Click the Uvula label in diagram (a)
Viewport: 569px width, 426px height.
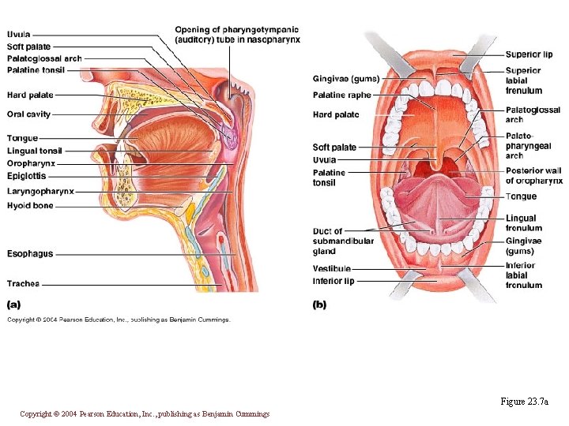coord(19,35)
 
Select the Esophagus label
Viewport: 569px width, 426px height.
coord(30,254)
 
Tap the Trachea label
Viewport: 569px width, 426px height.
coord(23,283)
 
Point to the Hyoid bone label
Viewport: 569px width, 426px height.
coord(30,205)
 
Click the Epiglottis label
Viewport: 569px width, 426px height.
coord(27,176)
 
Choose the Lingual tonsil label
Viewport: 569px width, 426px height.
coord(34,151)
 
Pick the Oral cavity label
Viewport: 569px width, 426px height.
coord(28,114)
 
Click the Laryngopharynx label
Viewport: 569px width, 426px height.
coord(40,191)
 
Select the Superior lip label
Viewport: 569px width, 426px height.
coord(529,54)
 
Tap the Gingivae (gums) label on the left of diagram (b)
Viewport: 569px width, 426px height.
coord(345,79)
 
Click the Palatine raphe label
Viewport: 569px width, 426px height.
coord(341,95)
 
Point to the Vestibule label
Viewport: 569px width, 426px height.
coord(332,269)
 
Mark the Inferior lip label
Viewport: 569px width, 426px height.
coord(333,281)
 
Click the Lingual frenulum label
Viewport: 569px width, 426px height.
coord(524,223)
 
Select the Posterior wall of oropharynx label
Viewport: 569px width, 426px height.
coord(533,176)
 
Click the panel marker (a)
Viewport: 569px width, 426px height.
coord(14,304)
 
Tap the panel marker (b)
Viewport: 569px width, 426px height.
coord(319,305)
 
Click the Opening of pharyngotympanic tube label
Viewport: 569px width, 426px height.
coord(237,35)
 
